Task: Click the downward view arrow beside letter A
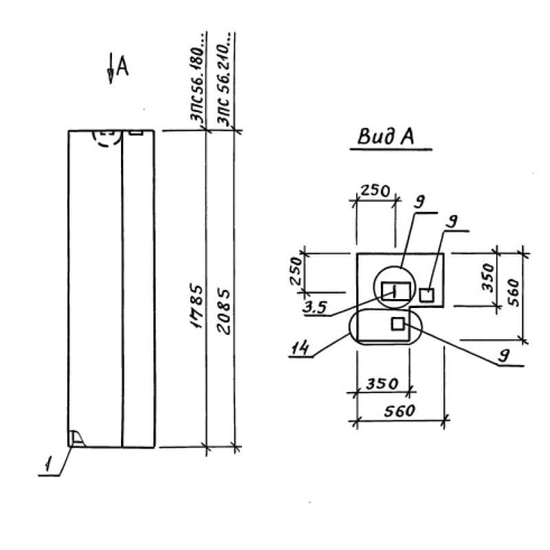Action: coord(111,70)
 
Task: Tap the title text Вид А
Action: coord(385,137)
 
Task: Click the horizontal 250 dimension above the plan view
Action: coord(375,190)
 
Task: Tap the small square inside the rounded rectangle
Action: coord(397,324)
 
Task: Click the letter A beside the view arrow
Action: coord(122,65)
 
